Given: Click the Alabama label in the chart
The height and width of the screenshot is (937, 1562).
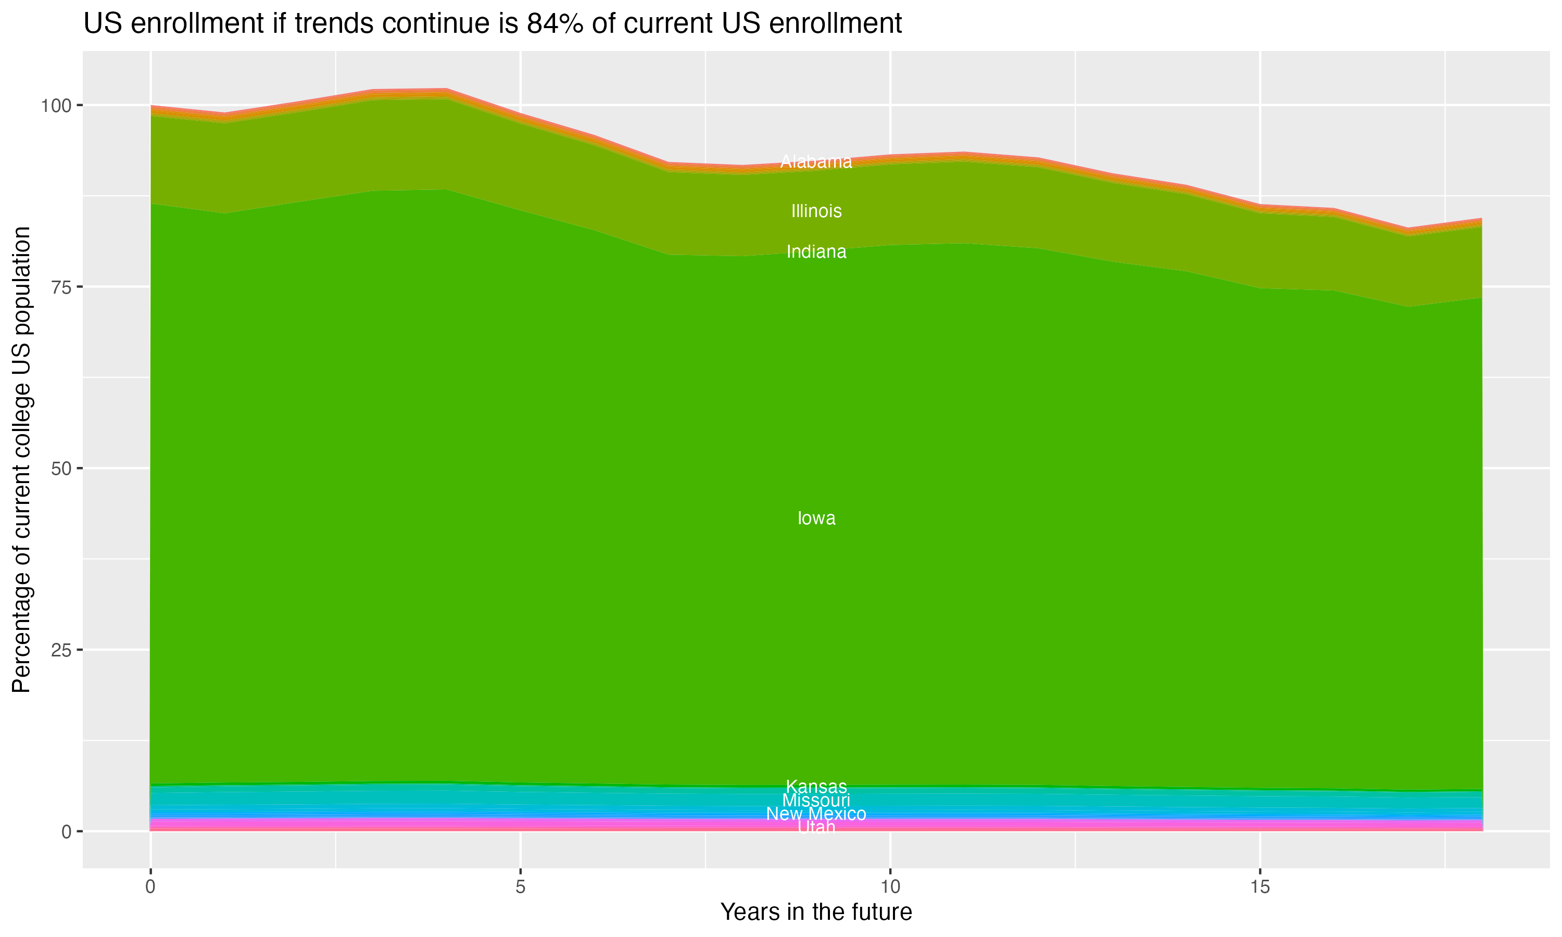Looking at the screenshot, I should pos(816,162).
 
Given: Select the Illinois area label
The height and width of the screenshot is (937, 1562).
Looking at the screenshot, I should pos(816,211).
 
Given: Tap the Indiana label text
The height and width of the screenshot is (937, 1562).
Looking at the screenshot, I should pos(816,252).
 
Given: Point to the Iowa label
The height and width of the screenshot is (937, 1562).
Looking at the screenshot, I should pos(816,518).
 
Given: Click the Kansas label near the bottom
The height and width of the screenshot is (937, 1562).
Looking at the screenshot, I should pos(816,787).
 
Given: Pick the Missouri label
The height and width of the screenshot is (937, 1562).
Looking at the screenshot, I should pos(816,800).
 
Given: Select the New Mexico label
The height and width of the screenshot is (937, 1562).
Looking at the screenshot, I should pos(816,814).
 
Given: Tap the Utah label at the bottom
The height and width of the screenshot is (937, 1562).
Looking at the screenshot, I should pos(816,827).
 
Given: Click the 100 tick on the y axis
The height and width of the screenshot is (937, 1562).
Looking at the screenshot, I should pos(57,106).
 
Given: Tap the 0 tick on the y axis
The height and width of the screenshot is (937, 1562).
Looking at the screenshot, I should pos(66,831).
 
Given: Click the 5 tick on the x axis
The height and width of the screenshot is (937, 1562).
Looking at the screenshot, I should pos(520,887).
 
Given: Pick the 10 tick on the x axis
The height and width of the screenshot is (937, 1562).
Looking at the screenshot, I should pos(890,887).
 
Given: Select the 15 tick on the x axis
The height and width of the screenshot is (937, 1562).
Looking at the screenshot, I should pos(1259,887).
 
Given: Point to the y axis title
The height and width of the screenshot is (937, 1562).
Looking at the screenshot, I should pos(21,459).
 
